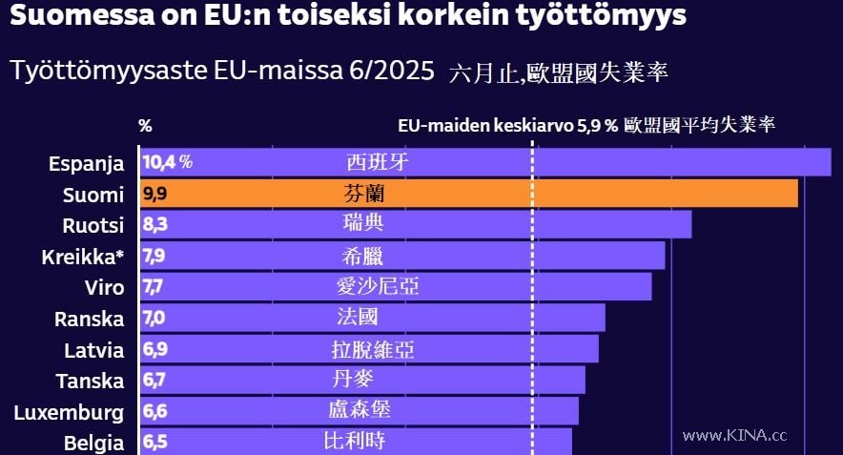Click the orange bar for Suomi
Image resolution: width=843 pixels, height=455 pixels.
tap(572, 194)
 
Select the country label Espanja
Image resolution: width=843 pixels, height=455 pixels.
tap(86, 164)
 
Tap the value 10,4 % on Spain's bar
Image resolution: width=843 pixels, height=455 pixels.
tap(168, 162)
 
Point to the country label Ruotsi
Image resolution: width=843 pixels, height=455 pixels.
tap(93, 226)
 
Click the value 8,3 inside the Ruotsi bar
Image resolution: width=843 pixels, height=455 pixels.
tap(154, 225)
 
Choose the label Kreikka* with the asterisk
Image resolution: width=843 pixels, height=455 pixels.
tap(83, 257)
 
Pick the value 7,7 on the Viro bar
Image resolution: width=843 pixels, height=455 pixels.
tap(154, 286)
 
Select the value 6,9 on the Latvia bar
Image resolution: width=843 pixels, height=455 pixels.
tap(154, 349)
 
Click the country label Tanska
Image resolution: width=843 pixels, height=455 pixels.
tap(90, 381)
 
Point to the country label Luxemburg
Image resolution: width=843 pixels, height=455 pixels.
tap(69, 412)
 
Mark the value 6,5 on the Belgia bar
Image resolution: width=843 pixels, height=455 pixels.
tap(154, 443)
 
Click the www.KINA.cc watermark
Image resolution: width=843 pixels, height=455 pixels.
tap(734, 435)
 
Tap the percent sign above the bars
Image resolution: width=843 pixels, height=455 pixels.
tap(145, 125)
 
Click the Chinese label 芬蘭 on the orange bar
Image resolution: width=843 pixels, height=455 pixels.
tap(364, 194)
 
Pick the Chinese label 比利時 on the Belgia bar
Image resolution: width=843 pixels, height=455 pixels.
tap(354, 442)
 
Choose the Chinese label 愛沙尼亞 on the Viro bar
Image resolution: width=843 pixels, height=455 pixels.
tap(378, 286)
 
